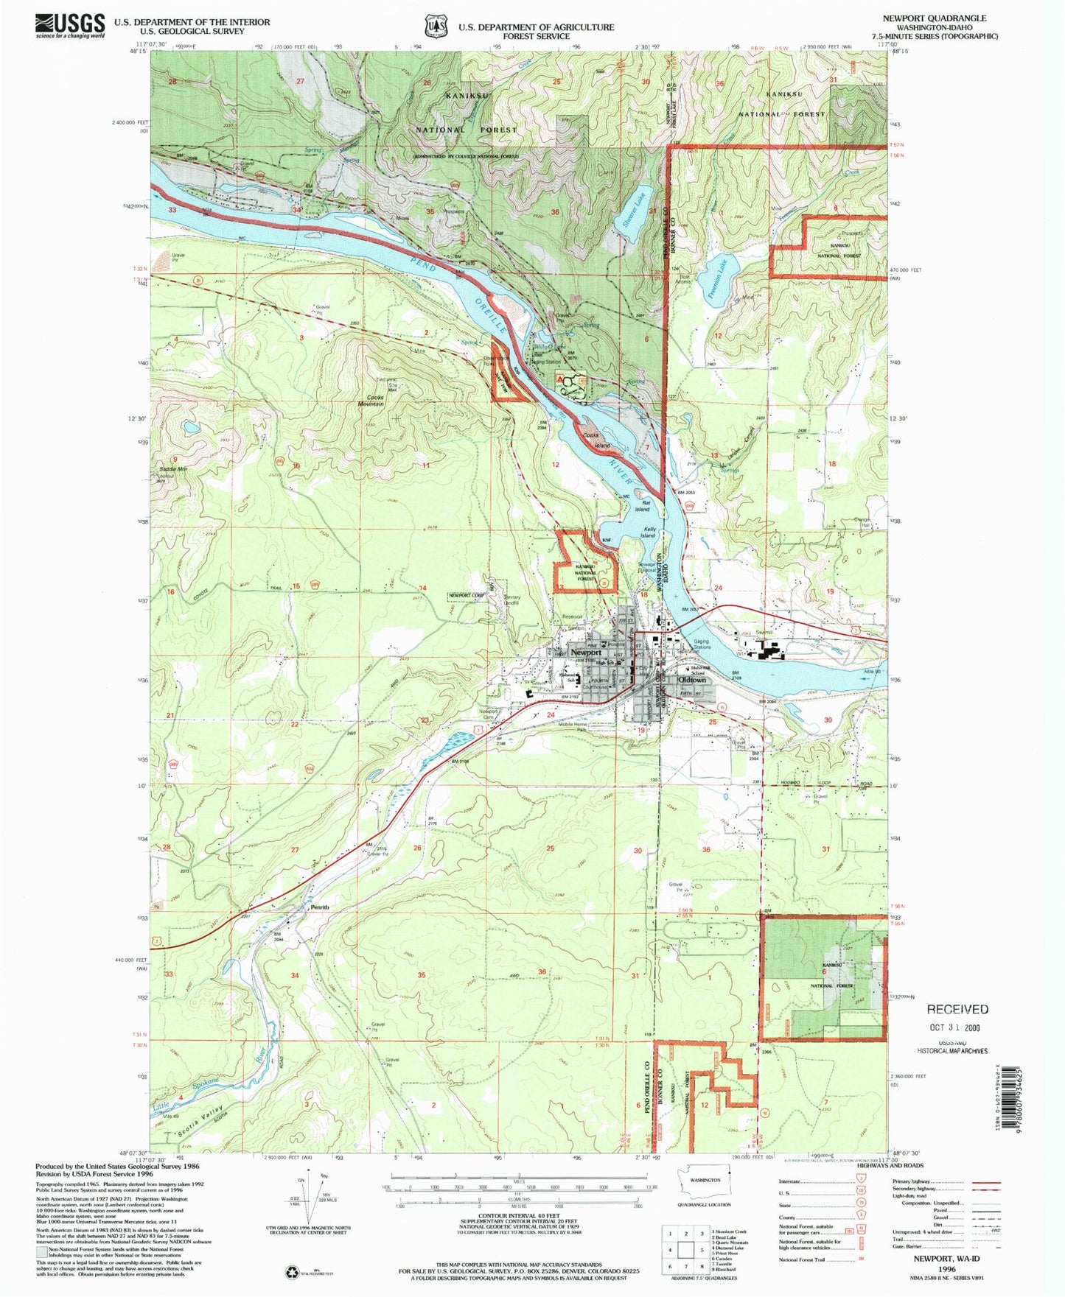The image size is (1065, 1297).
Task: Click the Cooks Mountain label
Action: [371, 400]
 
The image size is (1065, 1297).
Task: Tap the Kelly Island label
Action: [649, 532]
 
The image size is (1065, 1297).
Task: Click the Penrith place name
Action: [319, 907]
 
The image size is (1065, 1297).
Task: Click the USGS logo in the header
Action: [70, 26]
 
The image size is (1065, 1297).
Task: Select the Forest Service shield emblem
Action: [435, 27]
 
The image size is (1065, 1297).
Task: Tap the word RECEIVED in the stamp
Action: [957, 1009]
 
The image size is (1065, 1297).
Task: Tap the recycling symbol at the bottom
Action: [292, 1271]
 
